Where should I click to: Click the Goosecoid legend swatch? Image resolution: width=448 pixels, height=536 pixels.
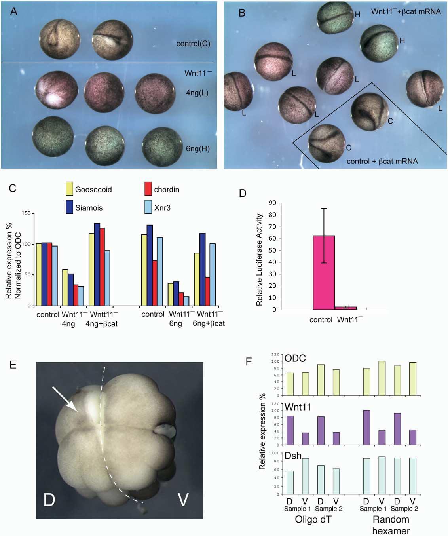[x=70, y=189]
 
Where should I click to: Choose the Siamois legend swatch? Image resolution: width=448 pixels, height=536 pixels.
[x=70, y=207]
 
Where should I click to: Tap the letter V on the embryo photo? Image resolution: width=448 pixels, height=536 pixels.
[x=182, y=500]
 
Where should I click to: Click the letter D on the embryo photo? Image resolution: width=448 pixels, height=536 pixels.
[x=49, y=500]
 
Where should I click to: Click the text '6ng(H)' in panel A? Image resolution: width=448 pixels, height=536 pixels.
[x=197, y=149]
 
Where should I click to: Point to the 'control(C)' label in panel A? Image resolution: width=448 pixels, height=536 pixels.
[x=193, y=44]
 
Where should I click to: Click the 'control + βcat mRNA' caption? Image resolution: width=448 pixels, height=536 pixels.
[x=382, y=161]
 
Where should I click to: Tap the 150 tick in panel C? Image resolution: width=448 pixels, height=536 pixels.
[x=27, y=214]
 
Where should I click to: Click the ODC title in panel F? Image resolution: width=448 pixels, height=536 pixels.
[x=293, y=359]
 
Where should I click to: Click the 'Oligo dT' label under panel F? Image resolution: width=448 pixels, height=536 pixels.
[x=313, y=519]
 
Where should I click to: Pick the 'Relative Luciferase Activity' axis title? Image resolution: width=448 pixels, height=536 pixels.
[x=260, y=260]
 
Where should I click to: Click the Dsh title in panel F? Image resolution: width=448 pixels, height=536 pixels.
[x=292, y=456]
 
